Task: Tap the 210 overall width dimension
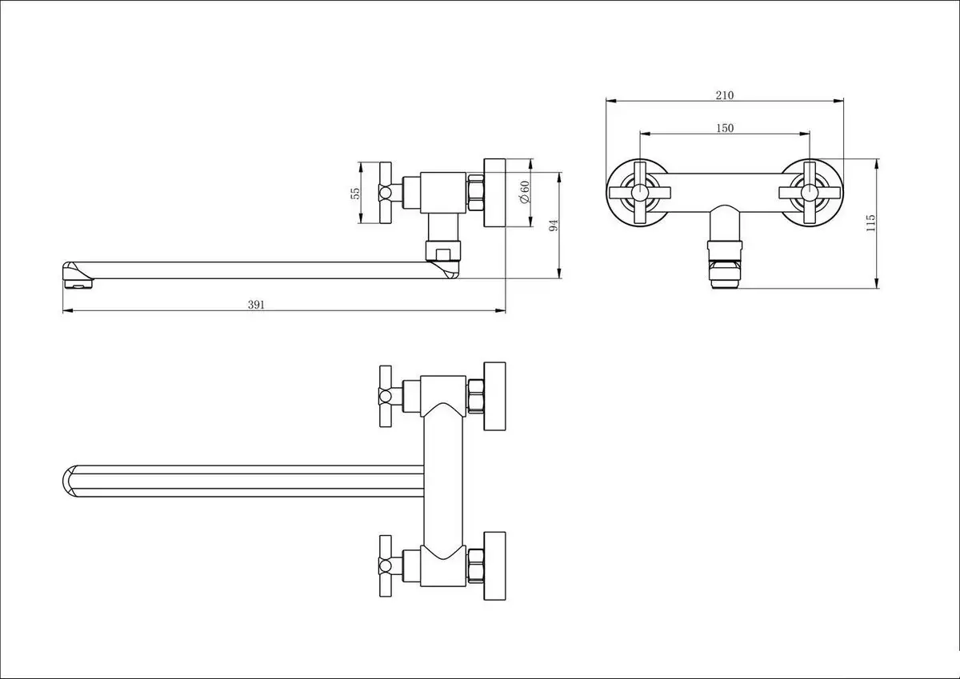[x=724, y=94]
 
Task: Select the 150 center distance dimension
[x=725, y=128]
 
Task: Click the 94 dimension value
[x=553, y=226]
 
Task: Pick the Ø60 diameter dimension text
[x=524, y=192]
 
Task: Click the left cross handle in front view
[x=640, y=192]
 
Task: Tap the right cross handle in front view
[x=810, y=192]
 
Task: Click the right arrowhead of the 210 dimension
[x=842, y=101]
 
